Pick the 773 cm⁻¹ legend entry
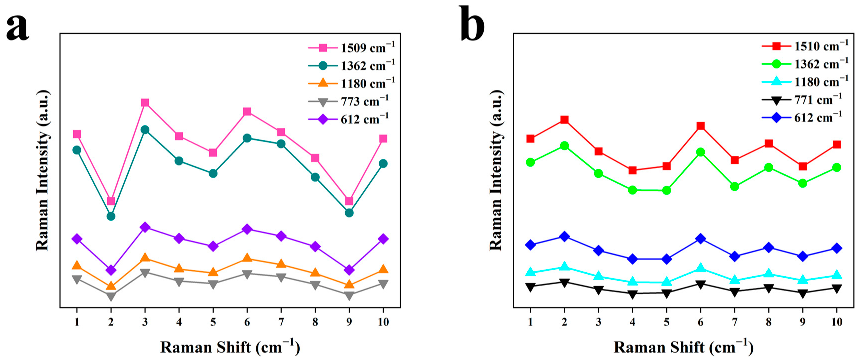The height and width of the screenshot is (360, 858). pos(348,101)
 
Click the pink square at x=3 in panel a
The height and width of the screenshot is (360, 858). pos(145,102)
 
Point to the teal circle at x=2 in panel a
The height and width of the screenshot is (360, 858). pos(111,216)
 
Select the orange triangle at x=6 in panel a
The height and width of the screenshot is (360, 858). pos(247,258)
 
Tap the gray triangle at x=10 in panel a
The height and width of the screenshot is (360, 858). pos(383,284)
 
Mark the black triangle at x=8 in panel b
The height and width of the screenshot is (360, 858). pos(769,288)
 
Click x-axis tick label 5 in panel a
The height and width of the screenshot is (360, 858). pos(213,322)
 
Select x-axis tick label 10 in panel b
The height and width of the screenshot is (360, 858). pos(836,322)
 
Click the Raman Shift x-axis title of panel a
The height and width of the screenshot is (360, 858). pos(230,347)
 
